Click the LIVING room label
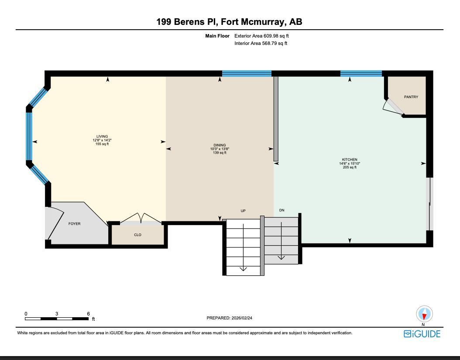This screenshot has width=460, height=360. (x=102, y=137)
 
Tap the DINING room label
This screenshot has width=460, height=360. (x=220, y=145)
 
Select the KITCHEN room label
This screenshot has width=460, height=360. (x=350, y=160)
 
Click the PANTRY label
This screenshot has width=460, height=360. (x=411, y=97)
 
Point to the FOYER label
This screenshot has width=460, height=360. (x=75, y=224)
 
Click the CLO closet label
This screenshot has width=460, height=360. (x=137, y=235)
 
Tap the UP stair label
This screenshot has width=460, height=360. (x=243, y=211)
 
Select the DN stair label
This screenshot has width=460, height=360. (x=282, y=210)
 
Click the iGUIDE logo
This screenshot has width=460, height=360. (x=422, y=334)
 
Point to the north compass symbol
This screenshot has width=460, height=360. (x=424, y=314)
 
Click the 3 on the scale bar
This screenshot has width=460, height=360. (x=57, y=314)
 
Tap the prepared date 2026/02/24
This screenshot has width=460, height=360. (x=242, y=318)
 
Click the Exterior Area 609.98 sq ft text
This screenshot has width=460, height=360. (x=261, y=36)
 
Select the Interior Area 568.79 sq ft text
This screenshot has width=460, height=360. (x=261, y=43)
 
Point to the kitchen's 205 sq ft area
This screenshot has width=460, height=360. (x=350, y=167)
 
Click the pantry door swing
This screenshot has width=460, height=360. (x=392, y=106)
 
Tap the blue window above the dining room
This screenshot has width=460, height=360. (x=247, y=73)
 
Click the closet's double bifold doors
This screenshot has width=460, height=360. (x=141, y=219)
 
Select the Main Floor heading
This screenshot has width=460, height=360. (x=217, y=36)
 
